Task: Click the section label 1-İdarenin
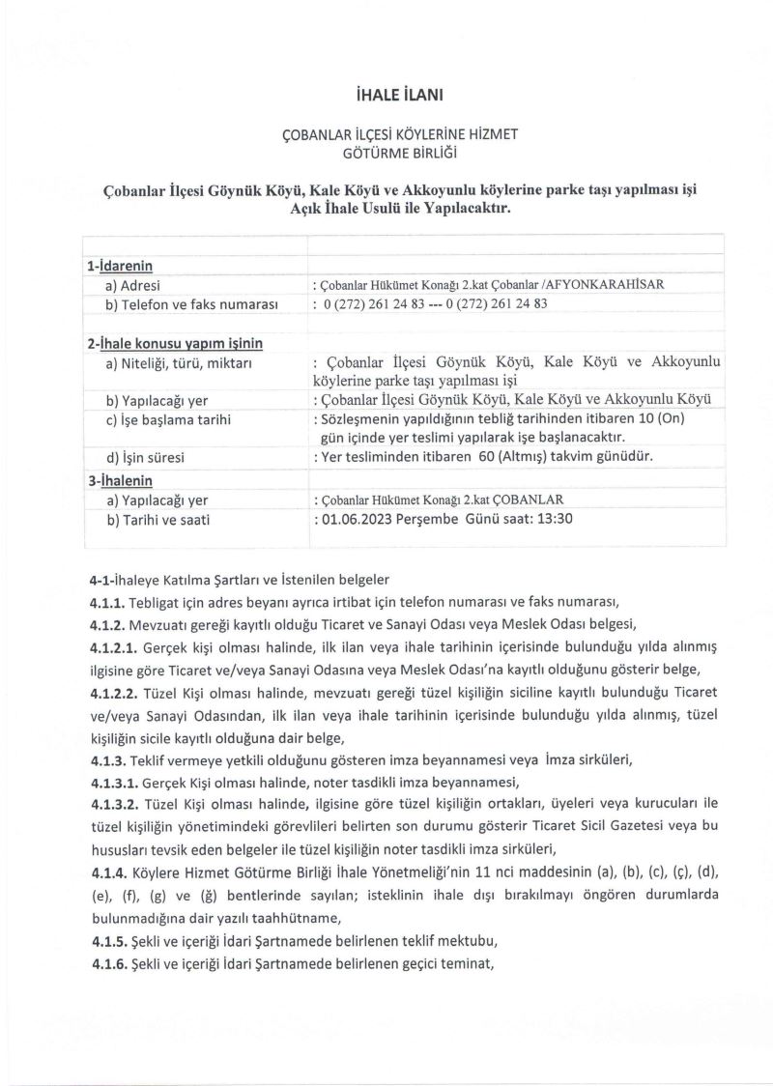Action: (120, 266)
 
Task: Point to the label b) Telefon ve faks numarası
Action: (193, 305)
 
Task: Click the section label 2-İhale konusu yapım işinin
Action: (175, 343)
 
